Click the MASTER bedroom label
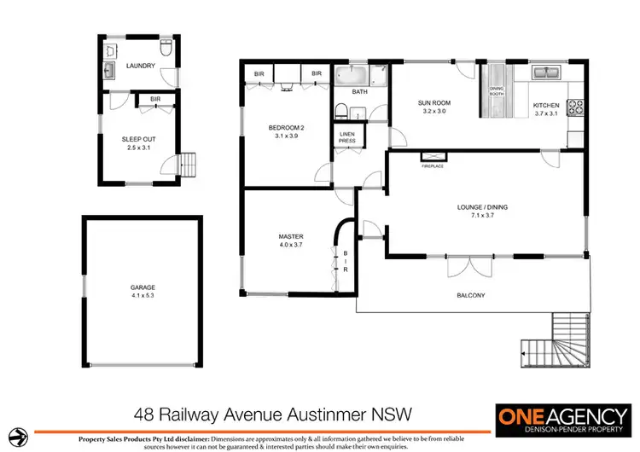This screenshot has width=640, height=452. click(291, 236)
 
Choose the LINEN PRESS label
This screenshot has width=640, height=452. click(347, 137)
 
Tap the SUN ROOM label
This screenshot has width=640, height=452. click(433, 103)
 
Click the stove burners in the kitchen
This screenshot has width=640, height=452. click(576, 107)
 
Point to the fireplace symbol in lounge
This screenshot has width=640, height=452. click(433, 156)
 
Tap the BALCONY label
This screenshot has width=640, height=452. click(470, 295)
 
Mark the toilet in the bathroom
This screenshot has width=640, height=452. click(340, 110)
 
